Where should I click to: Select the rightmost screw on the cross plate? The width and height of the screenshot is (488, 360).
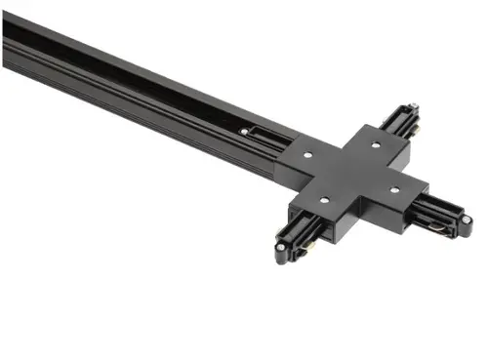point(395,188)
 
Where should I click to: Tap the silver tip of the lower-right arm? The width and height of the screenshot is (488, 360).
point(467,231)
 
